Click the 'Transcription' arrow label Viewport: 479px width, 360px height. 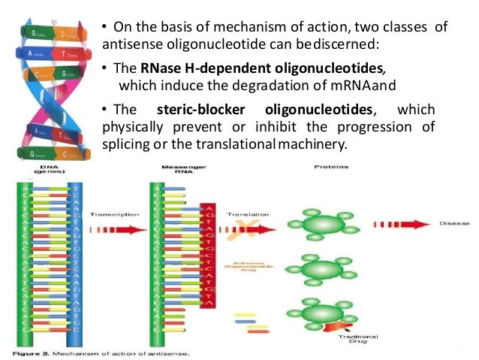coord(115,214)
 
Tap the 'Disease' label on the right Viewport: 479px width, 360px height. coord(455,223)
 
